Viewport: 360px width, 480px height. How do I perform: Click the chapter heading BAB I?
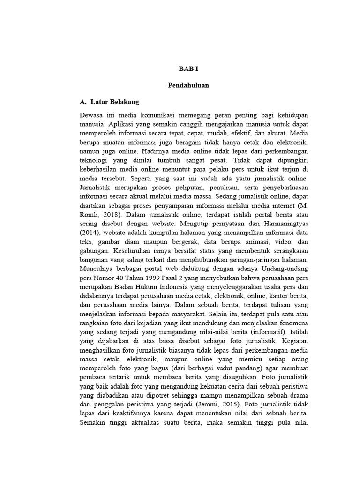(189, 69)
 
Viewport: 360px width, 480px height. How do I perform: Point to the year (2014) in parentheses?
(90, 233)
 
